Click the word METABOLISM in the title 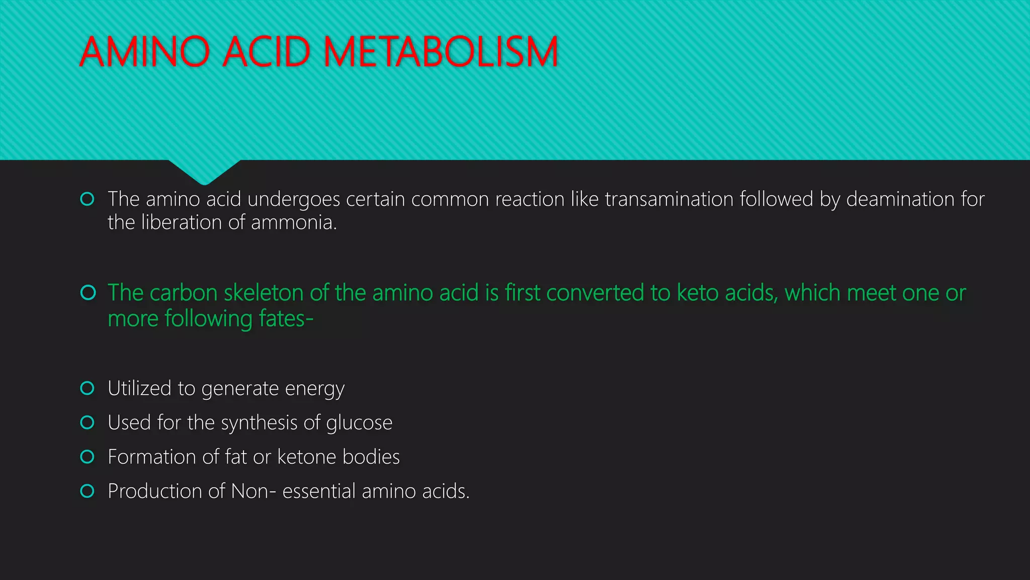pyautogui.click(x=441, y=52)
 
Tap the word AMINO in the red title pyautogui.click(x=145, y=52)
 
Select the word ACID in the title pyautogui.click(x=266, y=52)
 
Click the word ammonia pyautogui.click(x=294, y=223)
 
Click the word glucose pyautogui.click(x=359, y=423)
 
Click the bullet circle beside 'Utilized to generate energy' pyautogui.click(x=88, y=388)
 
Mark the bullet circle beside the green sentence pyautogui.click(x=88, y=293)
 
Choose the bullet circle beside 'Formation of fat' pyautogui.click(x=88, y=457)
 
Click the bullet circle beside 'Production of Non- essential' pyautogui.click(x=88, y=491)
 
